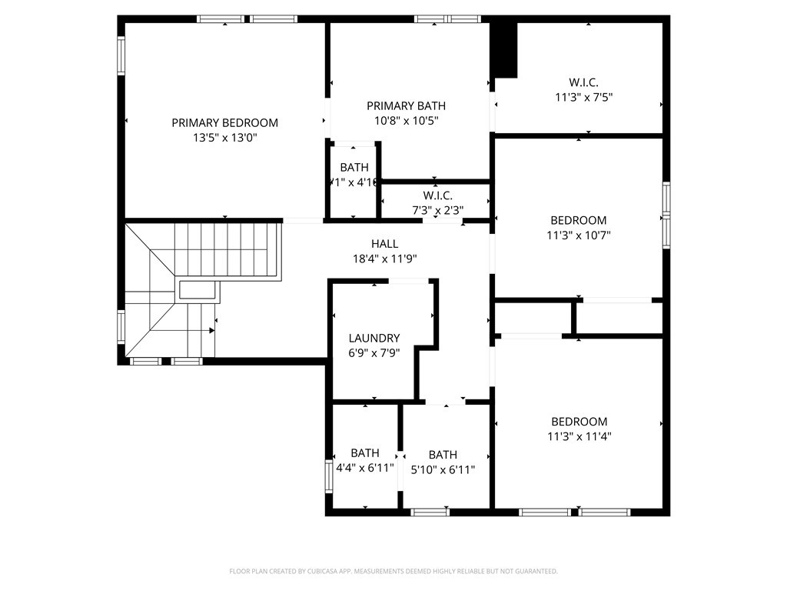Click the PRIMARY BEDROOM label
[x=224, y=122]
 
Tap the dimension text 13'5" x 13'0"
[x=224, y=138]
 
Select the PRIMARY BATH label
[x=406, y=105]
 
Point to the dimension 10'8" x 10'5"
[x=406, y=121]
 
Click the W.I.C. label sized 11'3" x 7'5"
[x=583, y=82]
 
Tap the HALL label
[x=384, y=244]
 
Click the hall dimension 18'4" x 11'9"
[x=384, y=259]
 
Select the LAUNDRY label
[x=374, y=338]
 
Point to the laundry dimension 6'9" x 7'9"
[x=374, y=353]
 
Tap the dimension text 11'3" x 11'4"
[x=579, y=436]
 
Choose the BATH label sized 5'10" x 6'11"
[x=443, y=454]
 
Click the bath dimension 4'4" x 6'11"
[x=365, y=468]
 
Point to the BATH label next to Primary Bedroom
[x=354, y=167]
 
